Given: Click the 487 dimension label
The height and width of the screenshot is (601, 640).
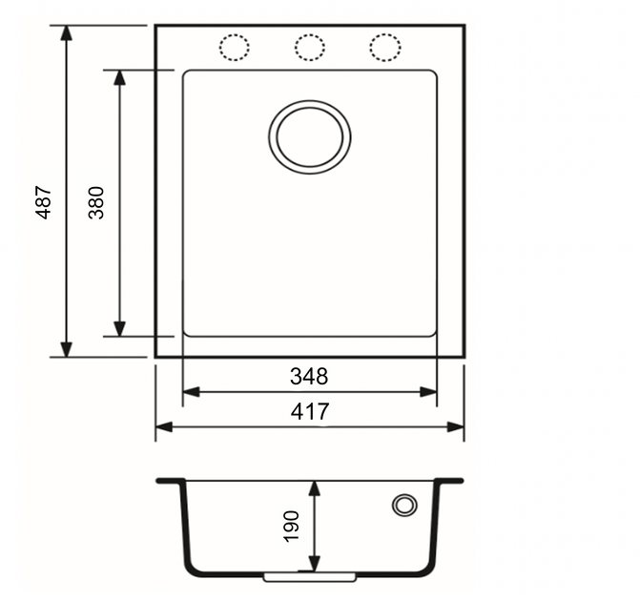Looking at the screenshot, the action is click(x=44, y=202).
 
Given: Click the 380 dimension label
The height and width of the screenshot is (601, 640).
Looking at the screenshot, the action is click(x=96, y=203).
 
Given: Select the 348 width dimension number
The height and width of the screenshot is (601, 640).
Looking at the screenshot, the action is click(x=309, y=377).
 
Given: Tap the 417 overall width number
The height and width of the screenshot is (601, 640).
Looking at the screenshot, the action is click(x=310, y=411).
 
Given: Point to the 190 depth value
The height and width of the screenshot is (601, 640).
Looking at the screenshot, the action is click(x=291, y=527).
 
